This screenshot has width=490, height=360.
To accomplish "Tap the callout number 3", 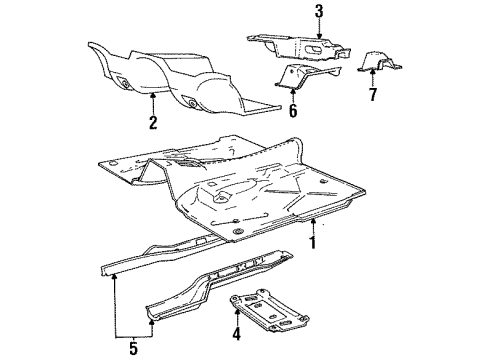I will tap(290, 12).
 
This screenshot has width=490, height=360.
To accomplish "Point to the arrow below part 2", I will tap(152, 102).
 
